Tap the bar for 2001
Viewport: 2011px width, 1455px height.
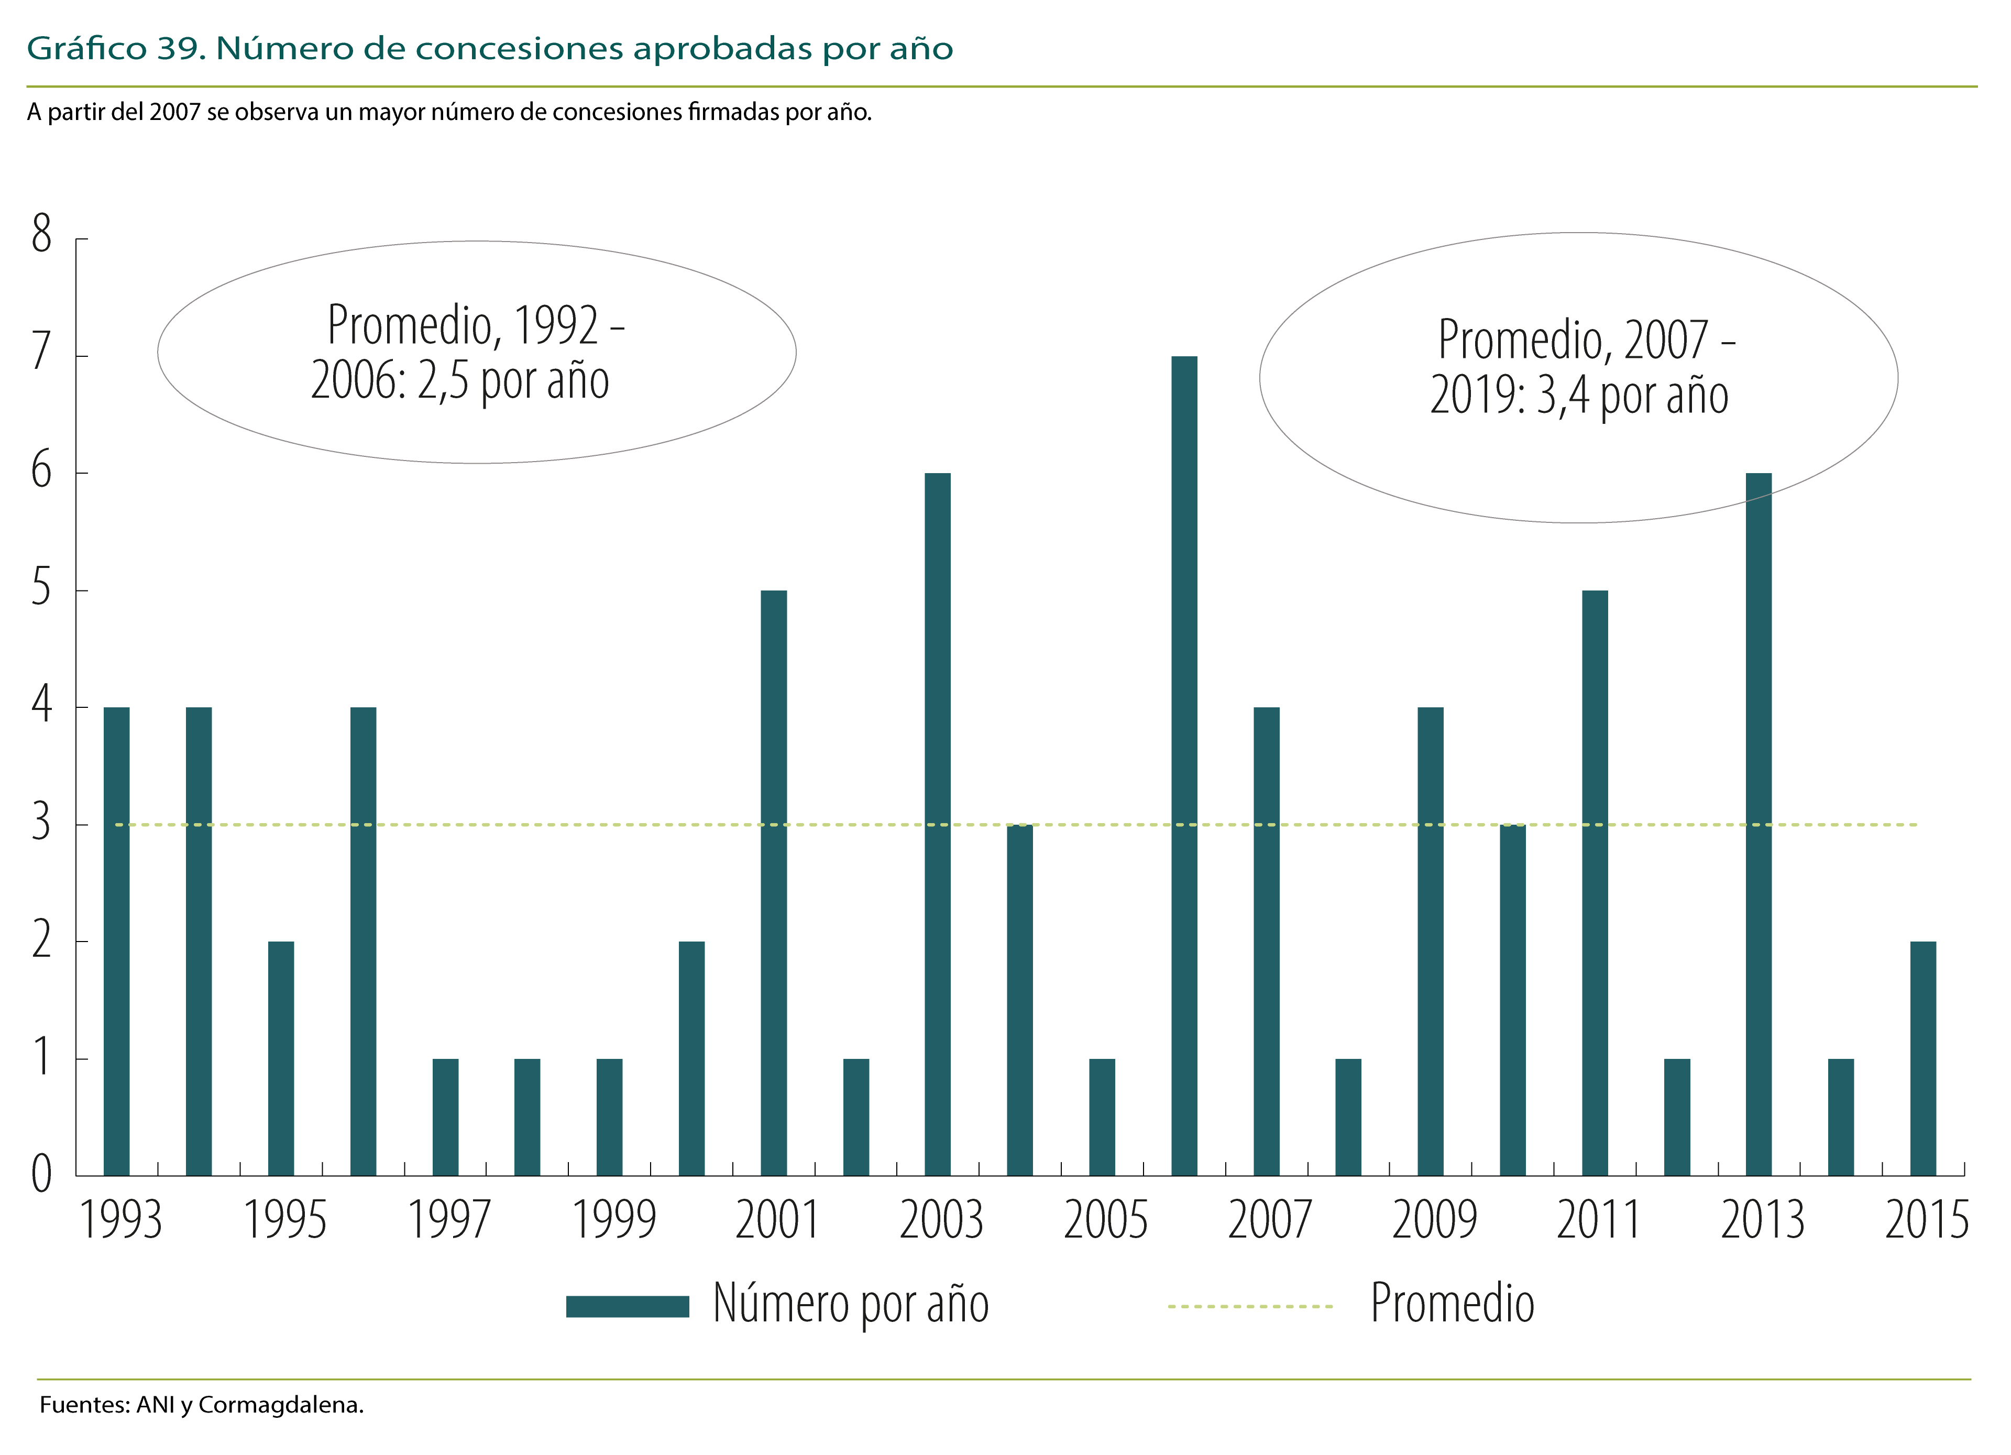click(x=773, y=882)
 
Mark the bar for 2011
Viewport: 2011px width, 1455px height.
click(x=1594, y=882)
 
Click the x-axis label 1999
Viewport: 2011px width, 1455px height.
click(x=613, y=1220)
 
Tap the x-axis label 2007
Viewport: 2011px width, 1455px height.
click(x=1270, y=1220)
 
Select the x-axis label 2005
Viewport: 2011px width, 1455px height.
click(x=1106, y=1220)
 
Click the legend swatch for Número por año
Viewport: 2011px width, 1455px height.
click(x=627, y=1306)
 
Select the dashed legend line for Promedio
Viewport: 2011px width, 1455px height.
click(x=1250, y=1306)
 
